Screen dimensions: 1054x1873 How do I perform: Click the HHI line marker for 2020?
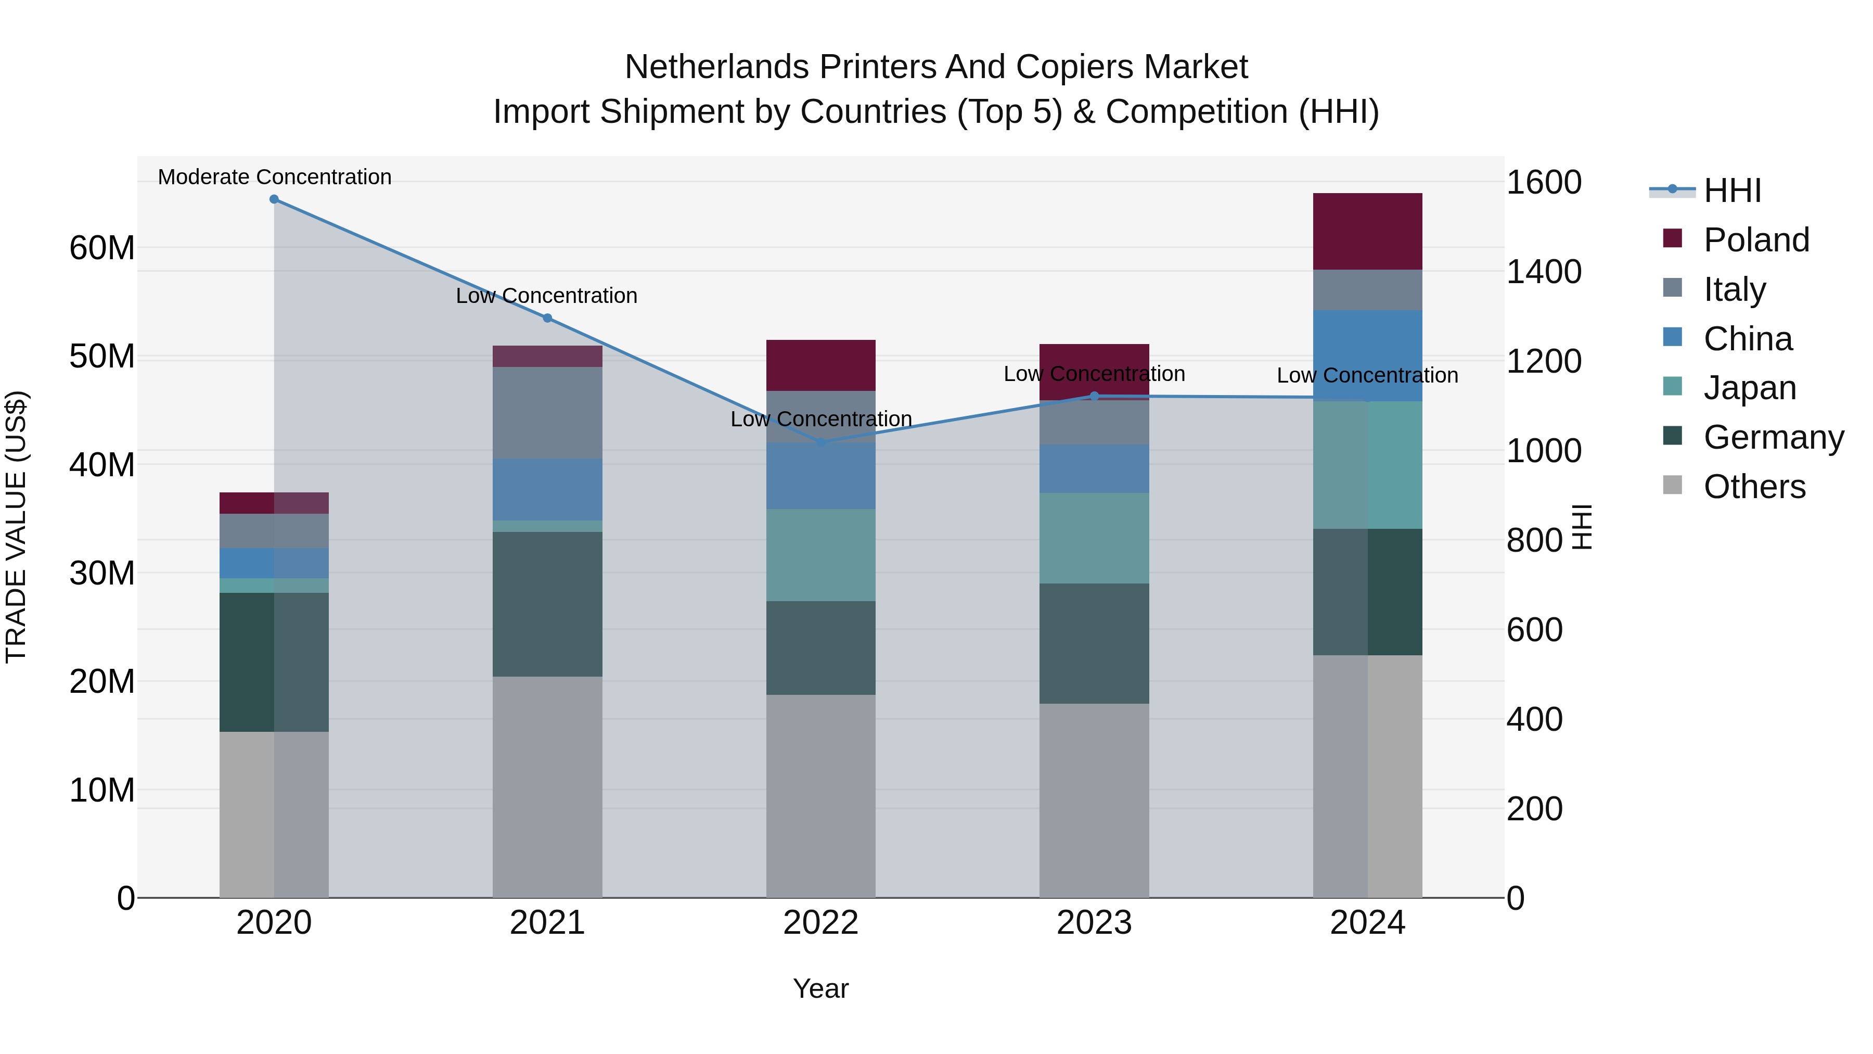point(274,199)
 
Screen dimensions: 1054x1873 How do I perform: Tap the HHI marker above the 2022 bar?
point(821,442)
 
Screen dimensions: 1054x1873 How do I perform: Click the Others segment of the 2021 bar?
point(547,785)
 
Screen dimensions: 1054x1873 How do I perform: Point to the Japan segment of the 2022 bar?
point(821,554)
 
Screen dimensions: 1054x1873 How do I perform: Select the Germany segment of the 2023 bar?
point(1094,643)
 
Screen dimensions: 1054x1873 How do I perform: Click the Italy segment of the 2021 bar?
point(547,412)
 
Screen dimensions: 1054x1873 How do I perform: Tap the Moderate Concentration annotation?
point(274,177)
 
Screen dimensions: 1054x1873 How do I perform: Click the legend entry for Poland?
point(1756,240)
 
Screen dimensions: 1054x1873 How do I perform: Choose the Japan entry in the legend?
point(1749,388)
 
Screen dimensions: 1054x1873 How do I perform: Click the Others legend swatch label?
point(1754,487)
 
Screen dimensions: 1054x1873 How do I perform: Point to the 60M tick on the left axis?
point(102,248)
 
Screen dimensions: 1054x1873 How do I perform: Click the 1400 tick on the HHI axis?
point(1543,272)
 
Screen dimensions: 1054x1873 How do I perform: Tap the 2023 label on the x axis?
point(1094,923)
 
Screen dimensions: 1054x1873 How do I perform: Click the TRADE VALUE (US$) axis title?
point(16,527)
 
